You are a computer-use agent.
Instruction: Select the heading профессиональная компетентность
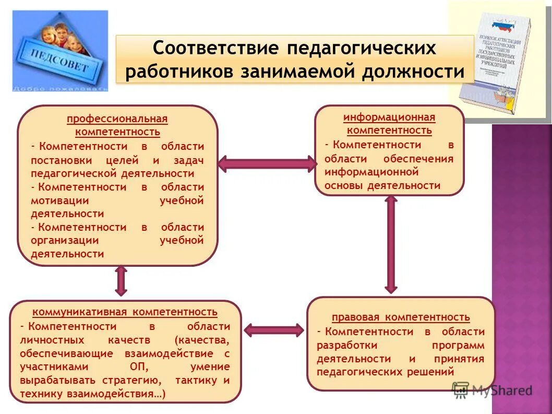click(117, 125)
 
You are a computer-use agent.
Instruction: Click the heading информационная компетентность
click(389, 124)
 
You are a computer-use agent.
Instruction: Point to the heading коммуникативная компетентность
click(125, 312)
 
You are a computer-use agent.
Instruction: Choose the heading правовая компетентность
click(401, 317)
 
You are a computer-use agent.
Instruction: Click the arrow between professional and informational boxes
click(267, 164)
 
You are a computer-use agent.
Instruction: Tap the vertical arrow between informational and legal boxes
click(391, 244)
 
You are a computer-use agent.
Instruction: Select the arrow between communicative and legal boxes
click(274, 330)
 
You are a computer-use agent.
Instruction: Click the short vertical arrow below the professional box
click(121, 281)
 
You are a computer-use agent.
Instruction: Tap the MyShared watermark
click(493, 390)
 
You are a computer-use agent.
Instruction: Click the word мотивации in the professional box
click(59, 200)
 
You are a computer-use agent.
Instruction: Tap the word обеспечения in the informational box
click(418, 159)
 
